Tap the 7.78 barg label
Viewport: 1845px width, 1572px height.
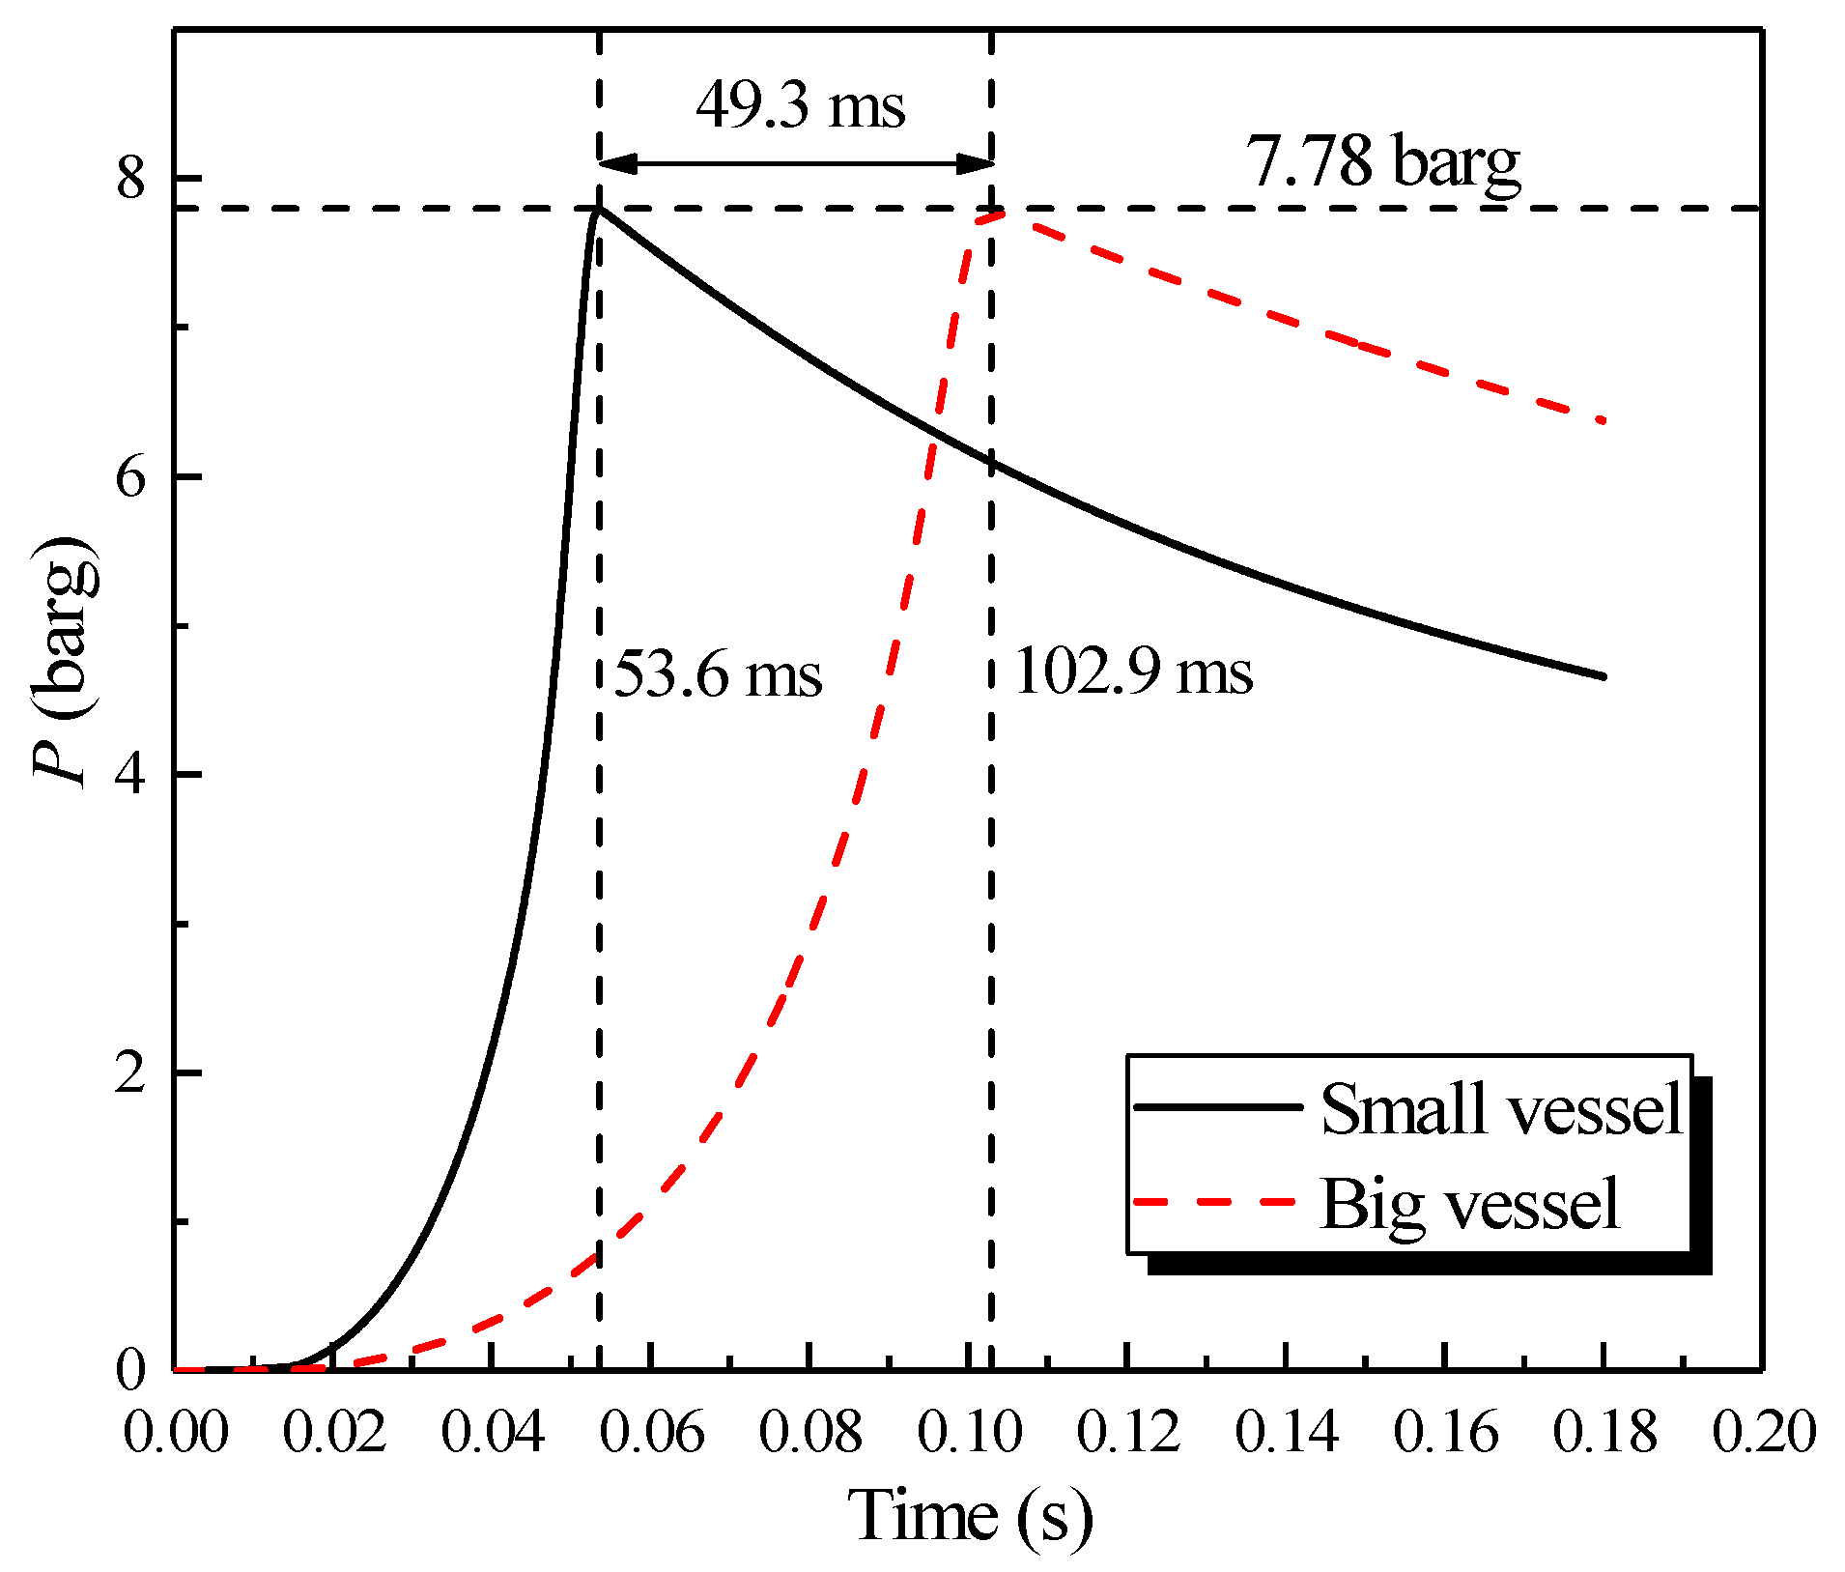click(1382, 161)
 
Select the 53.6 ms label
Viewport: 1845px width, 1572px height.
click(718, 673)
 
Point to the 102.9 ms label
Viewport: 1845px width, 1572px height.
click(1133, 672)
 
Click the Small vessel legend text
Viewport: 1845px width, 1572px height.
click(1501, 1109)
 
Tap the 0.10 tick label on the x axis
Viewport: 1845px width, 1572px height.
click(969, 1432)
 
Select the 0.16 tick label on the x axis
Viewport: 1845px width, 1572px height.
click(1445, 1432)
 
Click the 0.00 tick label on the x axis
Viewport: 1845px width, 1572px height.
click(176, 1432)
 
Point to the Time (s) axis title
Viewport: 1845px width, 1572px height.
click(970, 1515)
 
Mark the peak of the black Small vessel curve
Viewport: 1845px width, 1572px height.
click(599, 208)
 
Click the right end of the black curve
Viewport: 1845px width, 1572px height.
click(1604, 676)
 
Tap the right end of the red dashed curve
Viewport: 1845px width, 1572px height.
click(1602, 421)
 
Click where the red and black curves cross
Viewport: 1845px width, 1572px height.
click(931, 429)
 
